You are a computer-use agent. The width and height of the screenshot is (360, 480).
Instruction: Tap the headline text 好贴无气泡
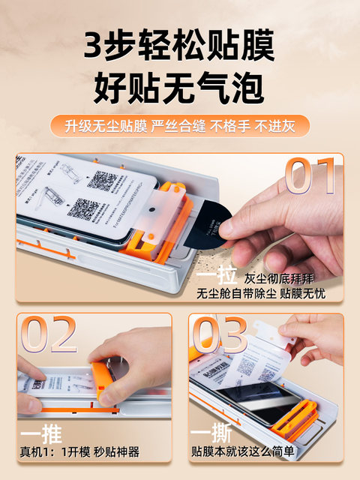coord(179,89)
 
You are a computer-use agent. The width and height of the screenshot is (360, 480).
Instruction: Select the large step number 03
coord(220,335)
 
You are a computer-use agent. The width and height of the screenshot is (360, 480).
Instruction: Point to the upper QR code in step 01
coord(103,182)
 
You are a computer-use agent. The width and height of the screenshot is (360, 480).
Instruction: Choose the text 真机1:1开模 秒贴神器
coord(79,452)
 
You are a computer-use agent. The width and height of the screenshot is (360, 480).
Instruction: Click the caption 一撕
coord(211,436)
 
